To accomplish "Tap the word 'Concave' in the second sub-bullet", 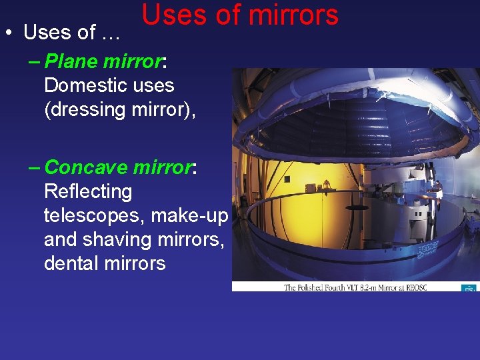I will (x=85, y=167).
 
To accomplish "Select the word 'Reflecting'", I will (x=88, y=191).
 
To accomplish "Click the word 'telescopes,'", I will (x=94, y=215).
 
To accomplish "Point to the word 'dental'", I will (x=71, y=263).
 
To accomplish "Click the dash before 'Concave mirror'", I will (x=35, y=167).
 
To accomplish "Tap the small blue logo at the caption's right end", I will (x=469, y=287).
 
